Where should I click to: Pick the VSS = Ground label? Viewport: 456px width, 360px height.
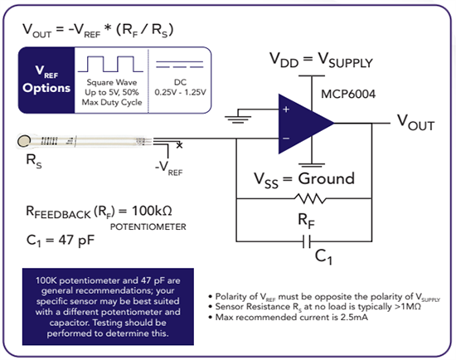pyautogui.click(x=306, y=178)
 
